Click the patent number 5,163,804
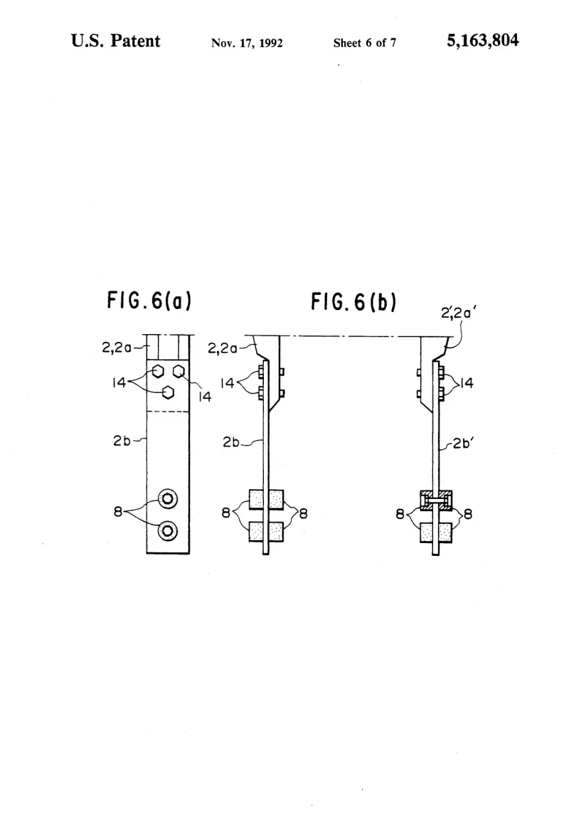482,41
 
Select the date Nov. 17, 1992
247,43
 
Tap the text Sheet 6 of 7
365,43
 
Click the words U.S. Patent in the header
116,41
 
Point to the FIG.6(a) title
149,300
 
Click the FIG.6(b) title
353,302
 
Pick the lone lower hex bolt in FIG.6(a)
168,392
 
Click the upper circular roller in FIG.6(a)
168,499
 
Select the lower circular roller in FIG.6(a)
168,531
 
